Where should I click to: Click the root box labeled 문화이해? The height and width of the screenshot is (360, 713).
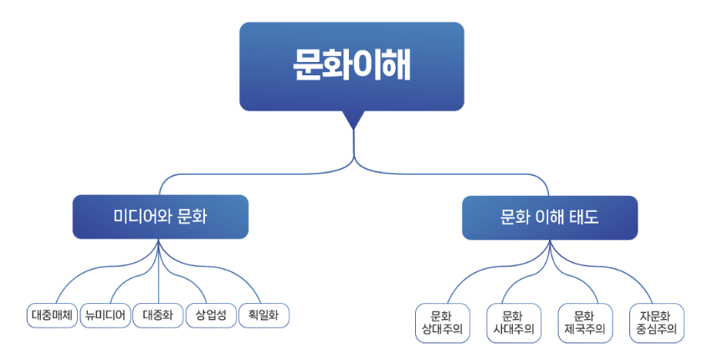(x=351, y=66)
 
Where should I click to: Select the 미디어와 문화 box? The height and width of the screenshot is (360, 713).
(x=161, y=217)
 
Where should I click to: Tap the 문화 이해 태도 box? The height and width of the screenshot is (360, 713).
(x=550, y=218)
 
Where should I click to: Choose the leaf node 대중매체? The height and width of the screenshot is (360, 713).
(x=52, y=316)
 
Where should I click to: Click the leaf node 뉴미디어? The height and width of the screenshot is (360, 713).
(x=105, y=316)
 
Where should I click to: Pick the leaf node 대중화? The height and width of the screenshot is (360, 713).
(x=158, y=316)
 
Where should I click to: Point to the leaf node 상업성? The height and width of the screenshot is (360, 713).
(x=212, y=316)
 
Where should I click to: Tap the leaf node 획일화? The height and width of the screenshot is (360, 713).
(x=264, y=316)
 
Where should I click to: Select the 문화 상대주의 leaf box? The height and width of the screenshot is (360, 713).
(x=443, y=323)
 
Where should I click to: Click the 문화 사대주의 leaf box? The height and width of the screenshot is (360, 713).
(x=514, y=323)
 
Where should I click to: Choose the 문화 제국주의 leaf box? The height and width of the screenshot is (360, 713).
(x=585, y=323)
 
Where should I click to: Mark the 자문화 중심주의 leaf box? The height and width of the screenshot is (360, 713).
(x=657, y=323)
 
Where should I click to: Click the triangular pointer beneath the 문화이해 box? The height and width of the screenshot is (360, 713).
(x=354, y=120)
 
